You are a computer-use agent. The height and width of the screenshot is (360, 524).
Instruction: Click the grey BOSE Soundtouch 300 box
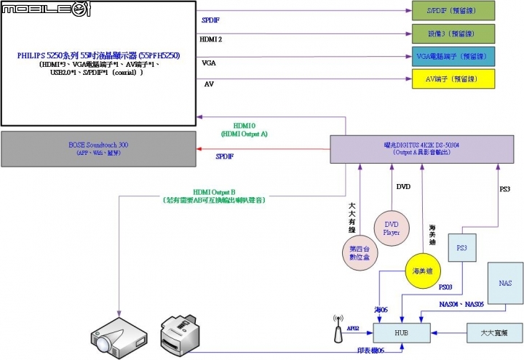pos(98,149)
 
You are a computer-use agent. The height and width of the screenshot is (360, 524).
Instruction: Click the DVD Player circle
pos(392,229)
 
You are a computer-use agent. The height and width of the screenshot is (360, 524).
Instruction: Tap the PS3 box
pos(461,249)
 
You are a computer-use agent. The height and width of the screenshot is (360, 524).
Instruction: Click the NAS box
pos(505,282)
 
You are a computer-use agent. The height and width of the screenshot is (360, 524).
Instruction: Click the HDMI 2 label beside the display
pos(210,39)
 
